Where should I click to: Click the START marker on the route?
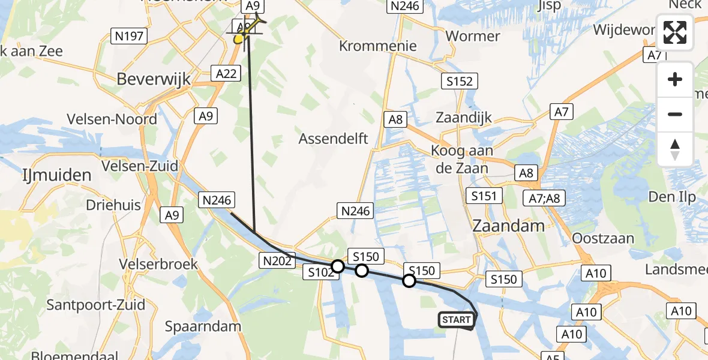pyautogui.click(x=456, y=320)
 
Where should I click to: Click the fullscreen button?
pyautogui.click(x=675, y=32)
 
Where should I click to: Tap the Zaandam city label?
pyautogui.click(x=509, y=226)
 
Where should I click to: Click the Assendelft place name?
pyautogui.click(x=333, y=139)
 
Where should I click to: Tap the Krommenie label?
pyautogui.click(x=377, y=46)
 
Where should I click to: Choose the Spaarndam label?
pyautogui.click(x=204, y=327)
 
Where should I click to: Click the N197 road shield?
pyautogui.click(x=129, y=36)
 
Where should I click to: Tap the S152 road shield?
pyautogui.click(x=459, y=81)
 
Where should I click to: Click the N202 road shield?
pyautogui.click(x=277, y=261)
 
